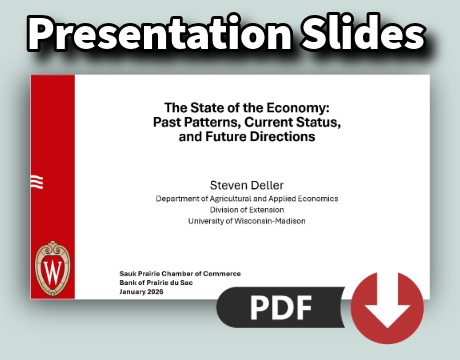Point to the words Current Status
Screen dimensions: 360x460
(281, 121)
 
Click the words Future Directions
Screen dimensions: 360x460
(262, 136)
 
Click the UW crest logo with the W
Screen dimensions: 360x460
(52, 268)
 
